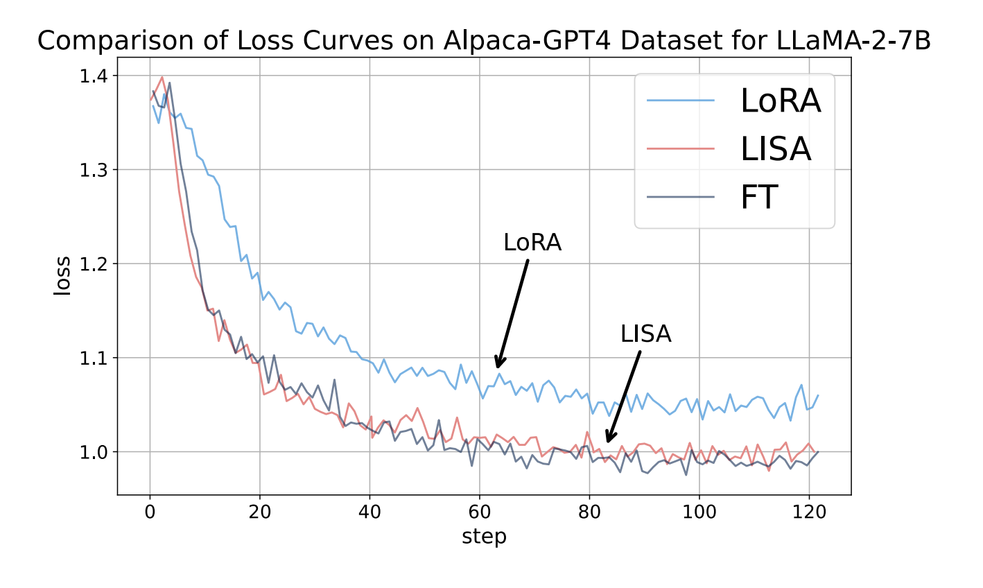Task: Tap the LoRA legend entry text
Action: pos(781,101)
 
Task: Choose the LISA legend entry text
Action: pos(775,149)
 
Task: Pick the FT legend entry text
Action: pos(759,197)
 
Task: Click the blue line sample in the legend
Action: pos(681,101)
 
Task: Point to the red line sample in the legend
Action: pos(681,149)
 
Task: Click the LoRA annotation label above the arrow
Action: pos(532,243)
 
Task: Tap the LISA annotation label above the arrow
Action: pos(646,334)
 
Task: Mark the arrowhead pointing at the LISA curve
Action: pos(608,439)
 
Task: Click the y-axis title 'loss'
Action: pos(62,275)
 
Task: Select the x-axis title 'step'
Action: pos(484,537)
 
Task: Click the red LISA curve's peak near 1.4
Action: pos(162,78)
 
